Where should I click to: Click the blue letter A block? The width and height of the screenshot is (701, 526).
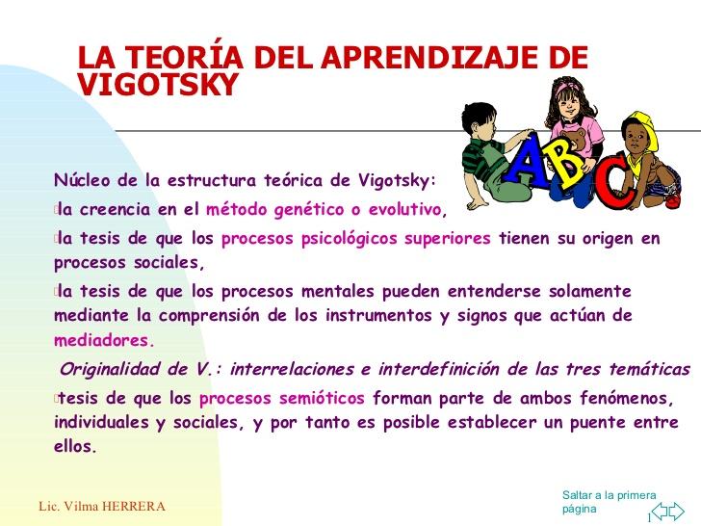tap(525, 161)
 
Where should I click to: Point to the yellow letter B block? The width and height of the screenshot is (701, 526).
tap(568, 170)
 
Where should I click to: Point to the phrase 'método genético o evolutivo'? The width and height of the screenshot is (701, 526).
tap(324, 209)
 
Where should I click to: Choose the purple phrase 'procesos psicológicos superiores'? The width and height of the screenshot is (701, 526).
tap(355, 238)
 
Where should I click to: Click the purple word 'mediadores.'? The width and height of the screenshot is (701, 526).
tap(104, 340)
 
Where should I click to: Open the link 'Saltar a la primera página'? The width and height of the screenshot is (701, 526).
tap(609, 501)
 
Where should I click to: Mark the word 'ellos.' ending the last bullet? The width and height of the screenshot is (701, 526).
tap(76, 446)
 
